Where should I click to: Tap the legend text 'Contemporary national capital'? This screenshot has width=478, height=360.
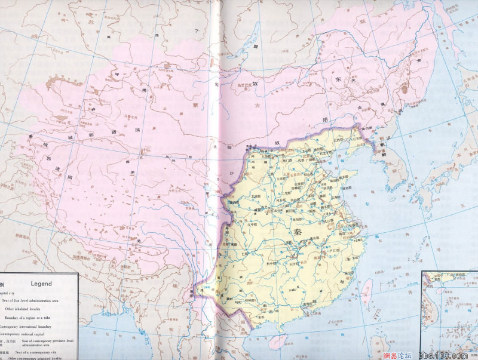(27, 334)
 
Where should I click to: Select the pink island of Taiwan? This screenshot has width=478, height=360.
(367, 293)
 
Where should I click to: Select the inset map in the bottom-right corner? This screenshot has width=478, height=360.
(449, 313)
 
